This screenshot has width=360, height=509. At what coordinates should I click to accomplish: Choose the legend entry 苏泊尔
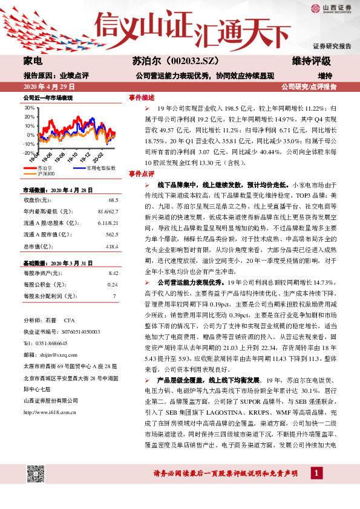[44, 167]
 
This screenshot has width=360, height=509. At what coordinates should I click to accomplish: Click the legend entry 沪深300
[45, 173]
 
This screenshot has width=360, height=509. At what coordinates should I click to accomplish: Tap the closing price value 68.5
[113, 199]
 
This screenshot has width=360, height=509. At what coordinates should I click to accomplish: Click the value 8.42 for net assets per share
[112, 273]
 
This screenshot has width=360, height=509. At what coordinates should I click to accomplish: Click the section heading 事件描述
[141, 97]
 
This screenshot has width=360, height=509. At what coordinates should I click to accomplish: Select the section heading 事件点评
[141, 173]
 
